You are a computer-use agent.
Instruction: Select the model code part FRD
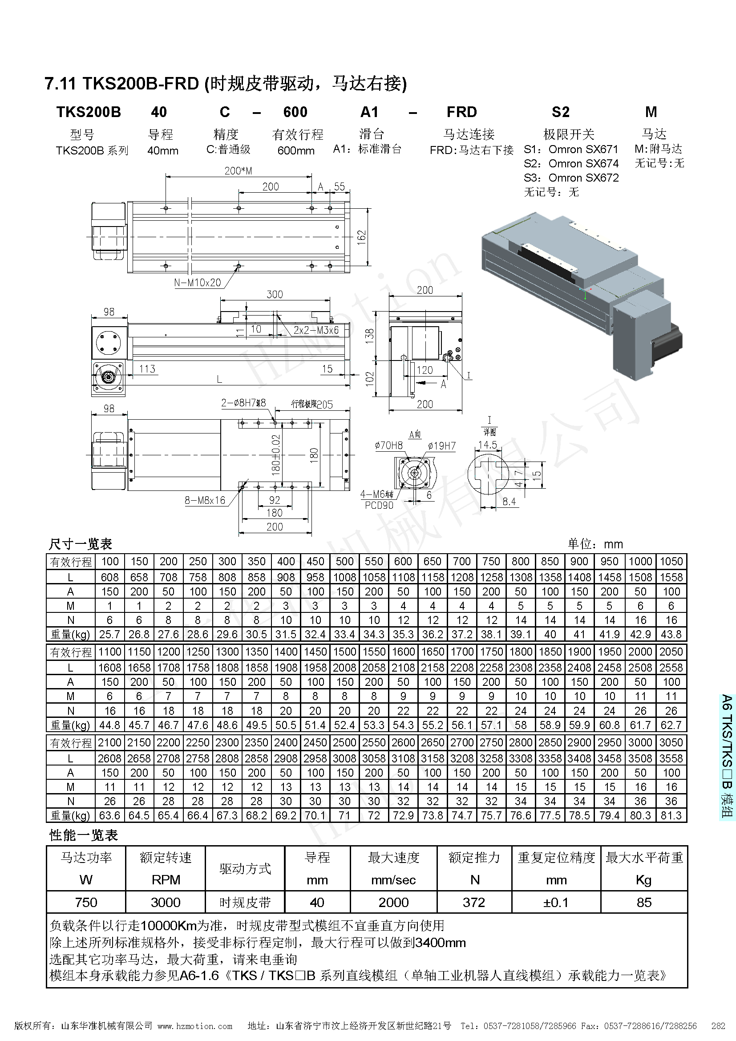pyautogui.click(x=461, y=112)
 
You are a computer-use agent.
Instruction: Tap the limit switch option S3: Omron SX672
pyautogui.click(x=571, y=178)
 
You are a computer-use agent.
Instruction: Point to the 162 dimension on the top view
pyautogui.click(x=361, y=237)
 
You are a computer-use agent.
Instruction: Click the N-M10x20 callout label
pyautogui.click(x=198, y=283)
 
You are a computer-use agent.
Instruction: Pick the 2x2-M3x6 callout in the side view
pyautogui.click(x=316, y=330)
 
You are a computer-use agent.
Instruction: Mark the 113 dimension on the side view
pyautogui.click(x=147, y=369)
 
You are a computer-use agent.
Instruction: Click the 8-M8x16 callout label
pyautogui.click(x=205, y=500)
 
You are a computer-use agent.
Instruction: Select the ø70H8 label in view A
pyautogui.click(x=389, y=445)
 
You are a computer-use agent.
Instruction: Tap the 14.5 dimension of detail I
pyautogui.click(x=488, y=445)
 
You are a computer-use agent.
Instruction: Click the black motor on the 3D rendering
pyautogui.click(x=669, y=341)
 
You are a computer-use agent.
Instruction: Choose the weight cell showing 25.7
pyautogui.click(x=109, y=634)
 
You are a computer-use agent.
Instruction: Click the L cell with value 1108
pyautogui.click(x=403, y=577)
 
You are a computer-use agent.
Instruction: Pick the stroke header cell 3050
pyautogui.click(x=671, y=742)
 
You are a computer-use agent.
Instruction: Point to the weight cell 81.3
pyautogui.click(x=671, y=815)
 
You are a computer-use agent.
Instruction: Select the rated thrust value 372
pyautogui.click(x=473, y=902)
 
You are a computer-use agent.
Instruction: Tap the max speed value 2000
pyautogui.click(x=393, y=902)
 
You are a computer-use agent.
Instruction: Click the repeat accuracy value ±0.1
pyautogui.click(x=556, y=902)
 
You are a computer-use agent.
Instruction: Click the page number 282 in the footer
pyautogui.click(x=718, y=1026)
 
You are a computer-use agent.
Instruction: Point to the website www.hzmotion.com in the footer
pyautogui.click(x=195, y=1026)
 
